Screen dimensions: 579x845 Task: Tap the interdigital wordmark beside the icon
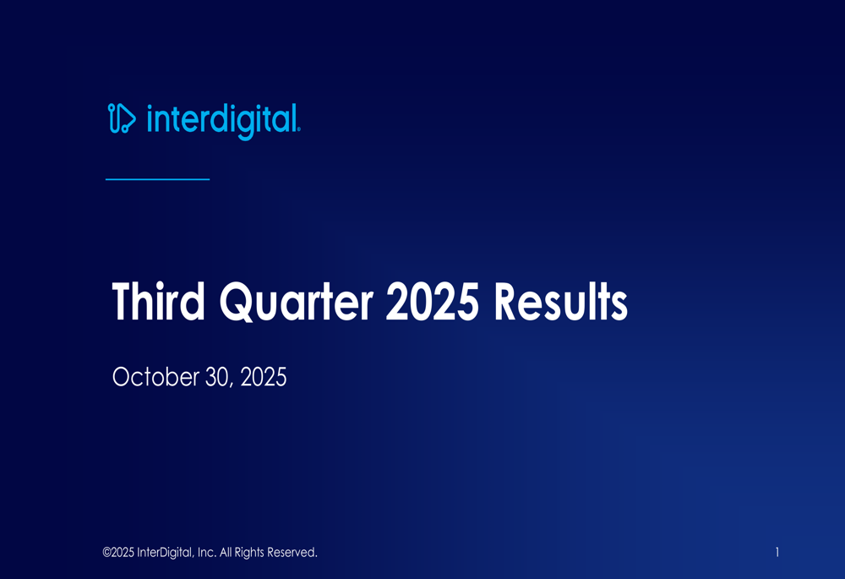pos(221,120)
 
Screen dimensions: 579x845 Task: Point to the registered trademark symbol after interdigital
pos(298,130)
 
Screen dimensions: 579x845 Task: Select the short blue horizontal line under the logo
pos(157,179)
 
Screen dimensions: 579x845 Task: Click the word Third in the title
pos(158,303)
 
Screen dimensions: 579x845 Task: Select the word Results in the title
pos(561,303)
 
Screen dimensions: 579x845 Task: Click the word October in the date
pos(155,378)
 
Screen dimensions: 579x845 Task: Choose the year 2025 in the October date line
pos(264,378)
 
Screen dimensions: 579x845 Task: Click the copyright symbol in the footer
pos(106,553)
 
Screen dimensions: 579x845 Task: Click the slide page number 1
pos(777,553)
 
